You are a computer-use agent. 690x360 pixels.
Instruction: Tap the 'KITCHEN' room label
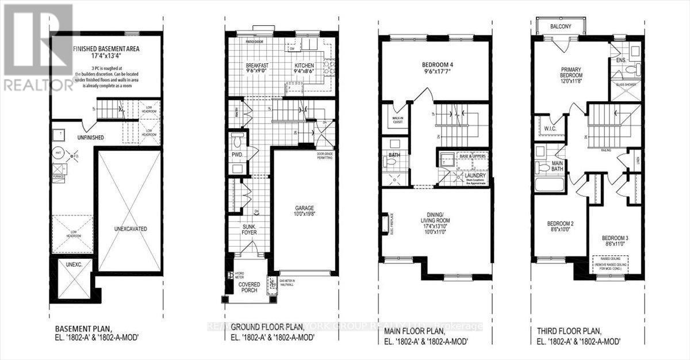[x=305, y=66]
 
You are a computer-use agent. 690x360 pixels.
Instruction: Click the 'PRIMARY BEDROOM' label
[x=572, y=72]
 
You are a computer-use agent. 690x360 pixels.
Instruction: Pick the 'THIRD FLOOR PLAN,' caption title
[x=567, y=332]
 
